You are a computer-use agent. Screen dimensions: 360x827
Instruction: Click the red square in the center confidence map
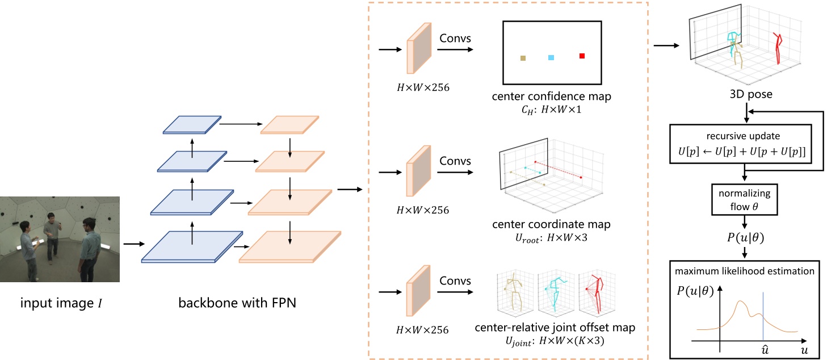point(582,56)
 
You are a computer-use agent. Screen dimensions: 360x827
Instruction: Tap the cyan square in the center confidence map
point(551,57)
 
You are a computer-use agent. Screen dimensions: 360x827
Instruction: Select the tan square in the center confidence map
point(523,58)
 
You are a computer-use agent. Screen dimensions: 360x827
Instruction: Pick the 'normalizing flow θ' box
point(745,200)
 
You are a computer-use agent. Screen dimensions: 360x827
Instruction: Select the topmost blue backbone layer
point(191,124)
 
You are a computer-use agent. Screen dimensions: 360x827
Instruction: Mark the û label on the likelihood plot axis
point(765,351)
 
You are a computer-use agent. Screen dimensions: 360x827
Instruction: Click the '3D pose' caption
point(744,94)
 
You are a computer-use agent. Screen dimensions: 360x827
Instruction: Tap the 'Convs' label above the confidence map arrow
point(455,39)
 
